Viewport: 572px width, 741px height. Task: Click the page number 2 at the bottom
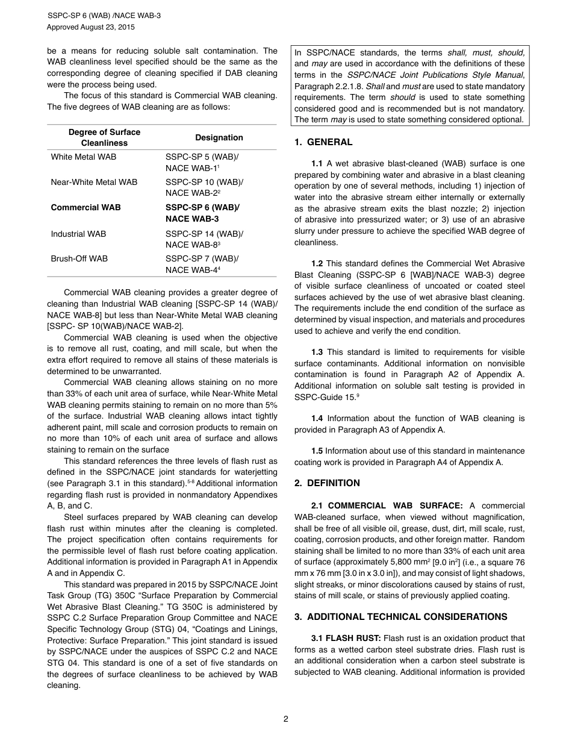click(286, 719)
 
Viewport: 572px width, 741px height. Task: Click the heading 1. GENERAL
click(323, 143)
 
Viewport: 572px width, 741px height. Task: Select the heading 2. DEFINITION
click(327, 483)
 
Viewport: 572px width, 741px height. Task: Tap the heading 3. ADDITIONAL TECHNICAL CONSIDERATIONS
click(400, 617)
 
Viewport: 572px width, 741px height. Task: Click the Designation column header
click(219, 138)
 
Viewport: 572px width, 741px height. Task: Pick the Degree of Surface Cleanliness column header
click(104, 138)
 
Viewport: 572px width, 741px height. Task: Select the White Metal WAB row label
click(84, 157)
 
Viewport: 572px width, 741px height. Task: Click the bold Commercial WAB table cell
click(85, 208)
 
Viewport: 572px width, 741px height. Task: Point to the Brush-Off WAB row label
click(79, 259)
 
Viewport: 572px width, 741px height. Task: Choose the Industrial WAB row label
click(78, 234)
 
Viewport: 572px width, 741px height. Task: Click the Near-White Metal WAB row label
click(94, 183)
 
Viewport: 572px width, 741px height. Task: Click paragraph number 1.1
click(317, 164)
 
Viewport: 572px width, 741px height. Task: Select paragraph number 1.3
click(317, 352)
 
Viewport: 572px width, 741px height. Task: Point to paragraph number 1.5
click(317, 451)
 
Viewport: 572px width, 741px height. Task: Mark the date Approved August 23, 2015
click(91, 28)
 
